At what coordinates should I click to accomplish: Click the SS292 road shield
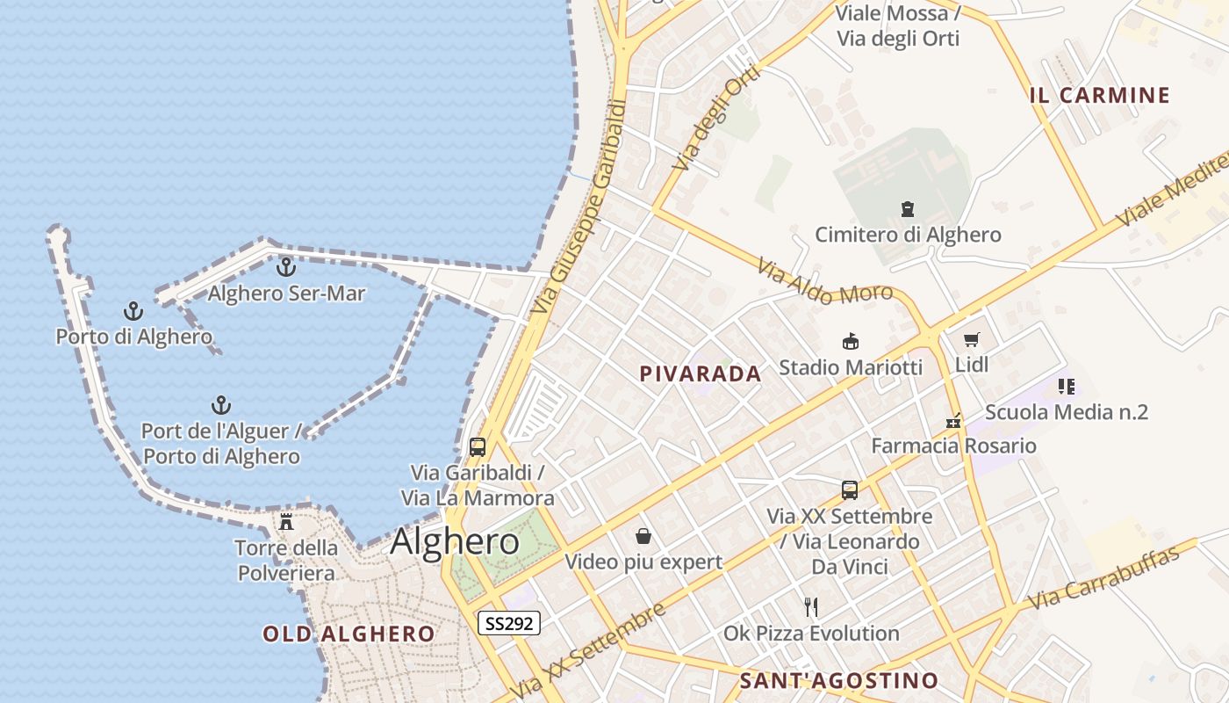[x=509, y=623]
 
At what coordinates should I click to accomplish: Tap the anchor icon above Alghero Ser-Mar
[x=286, y=266]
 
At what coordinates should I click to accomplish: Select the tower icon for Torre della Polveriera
[x=286, y=521]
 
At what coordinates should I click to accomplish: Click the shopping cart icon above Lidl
[x=971, y=339]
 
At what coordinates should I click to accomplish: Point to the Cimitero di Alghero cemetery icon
[x=908, y=209]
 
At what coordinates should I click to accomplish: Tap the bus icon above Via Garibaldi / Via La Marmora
[x=478, y=446]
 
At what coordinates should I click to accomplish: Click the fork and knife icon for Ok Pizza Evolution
[x=811, y=606]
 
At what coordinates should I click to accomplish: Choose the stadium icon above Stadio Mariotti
[x=850, y=341]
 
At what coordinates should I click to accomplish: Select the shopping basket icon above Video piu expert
[x=643, y=536]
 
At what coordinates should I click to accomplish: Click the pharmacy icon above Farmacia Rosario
[x=953, y=421]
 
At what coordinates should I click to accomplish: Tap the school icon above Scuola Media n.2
[x=1067, y=386]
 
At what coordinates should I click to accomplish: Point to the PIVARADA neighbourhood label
[x=701, y=373]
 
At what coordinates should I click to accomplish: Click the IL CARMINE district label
[x=1100, y=95]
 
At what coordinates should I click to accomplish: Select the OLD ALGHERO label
[x=349, y=634]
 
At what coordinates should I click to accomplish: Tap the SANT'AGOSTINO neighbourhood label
[x=839, y=680]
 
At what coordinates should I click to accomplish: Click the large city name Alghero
[x=455, y=540]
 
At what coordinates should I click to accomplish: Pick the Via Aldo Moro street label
[x=825, y=281]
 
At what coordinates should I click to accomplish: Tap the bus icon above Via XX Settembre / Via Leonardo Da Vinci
[x=850, y=490]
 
